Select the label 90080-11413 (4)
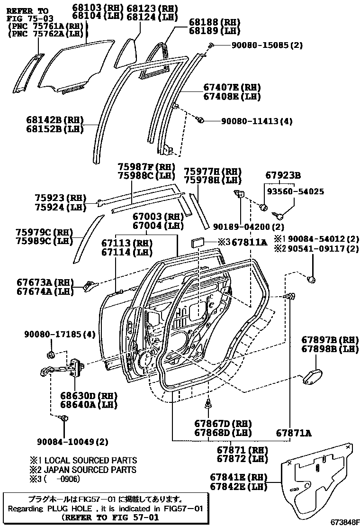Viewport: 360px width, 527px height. click(x=256, y=121)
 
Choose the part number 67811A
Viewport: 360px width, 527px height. click(x=249, y=242)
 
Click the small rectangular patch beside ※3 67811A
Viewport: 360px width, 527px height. click(x=197, y=243)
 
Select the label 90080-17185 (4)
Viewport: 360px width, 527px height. click(x=60, y=335)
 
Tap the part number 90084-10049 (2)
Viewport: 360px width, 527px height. click(x=72, y=442)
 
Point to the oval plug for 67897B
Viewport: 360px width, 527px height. click(x=313, y=377)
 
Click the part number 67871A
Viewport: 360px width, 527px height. click(x=294, y=433)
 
